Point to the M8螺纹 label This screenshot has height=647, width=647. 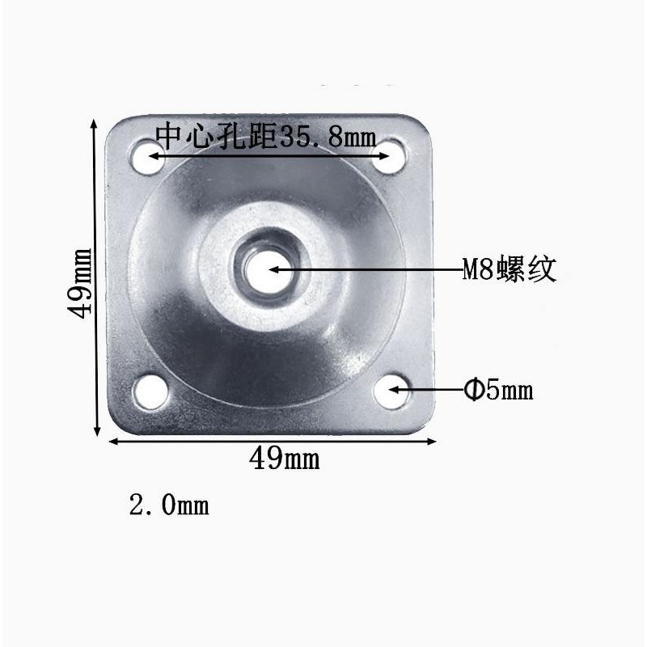click(x=509, y=269)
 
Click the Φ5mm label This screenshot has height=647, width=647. click(x=498, y=391)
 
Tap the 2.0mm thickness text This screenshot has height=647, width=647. click(x=169, y=506)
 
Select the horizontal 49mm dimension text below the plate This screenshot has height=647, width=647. click(x=284, y=459)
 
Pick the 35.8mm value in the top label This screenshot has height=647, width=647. click(x=328, y=137)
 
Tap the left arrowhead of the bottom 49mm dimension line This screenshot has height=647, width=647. click(x=113, y=441)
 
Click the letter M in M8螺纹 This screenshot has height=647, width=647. click(x=471, y=270)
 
